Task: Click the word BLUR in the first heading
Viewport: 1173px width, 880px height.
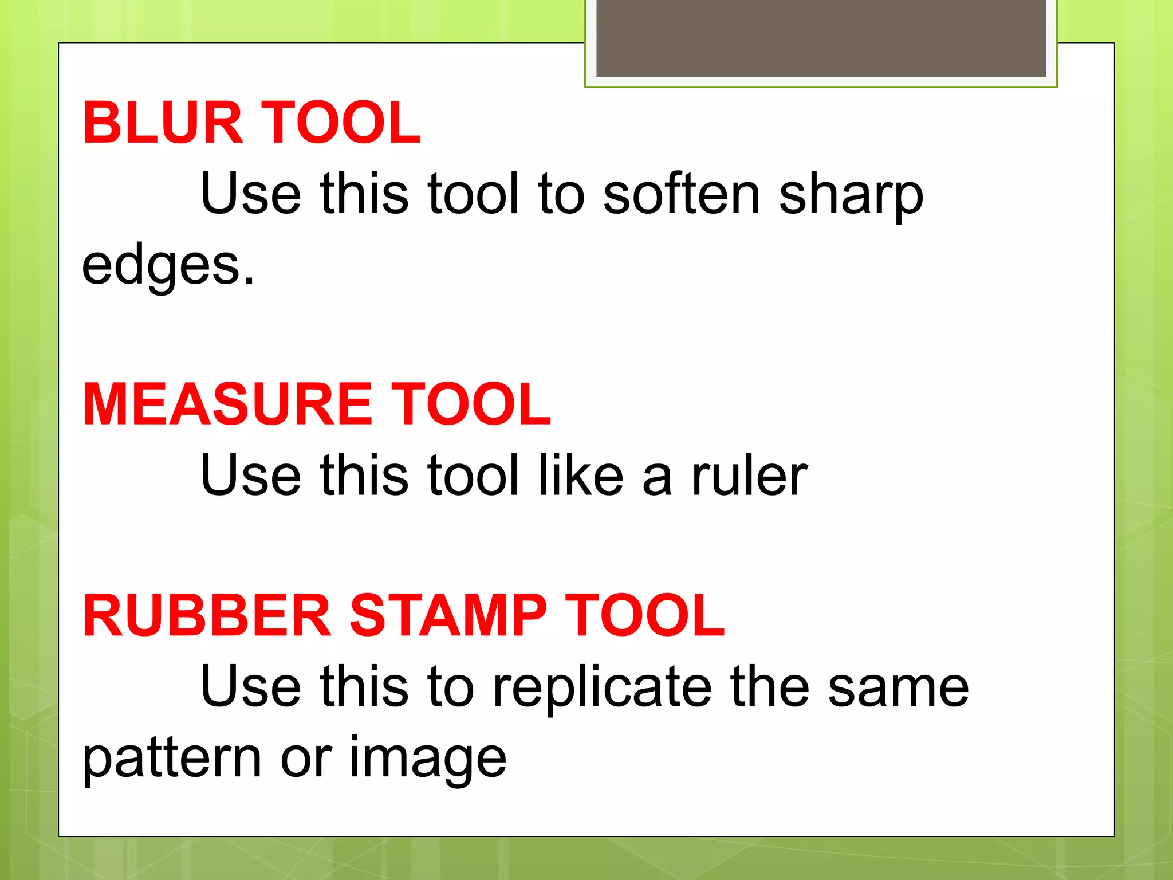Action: [x=163, y=123]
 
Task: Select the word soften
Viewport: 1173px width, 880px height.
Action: [x=682, y=194]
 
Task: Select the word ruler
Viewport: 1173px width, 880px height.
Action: [x=749, y=475]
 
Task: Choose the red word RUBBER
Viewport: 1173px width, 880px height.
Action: [x=207, y=615]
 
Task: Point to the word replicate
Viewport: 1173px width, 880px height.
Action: [x=602, y=687]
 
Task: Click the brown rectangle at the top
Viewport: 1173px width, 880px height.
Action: [x=821, y=38]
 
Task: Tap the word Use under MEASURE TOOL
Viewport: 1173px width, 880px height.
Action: [x=251, y=475]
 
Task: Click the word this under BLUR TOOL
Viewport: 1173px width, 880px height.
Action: [x=364, y=194]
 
